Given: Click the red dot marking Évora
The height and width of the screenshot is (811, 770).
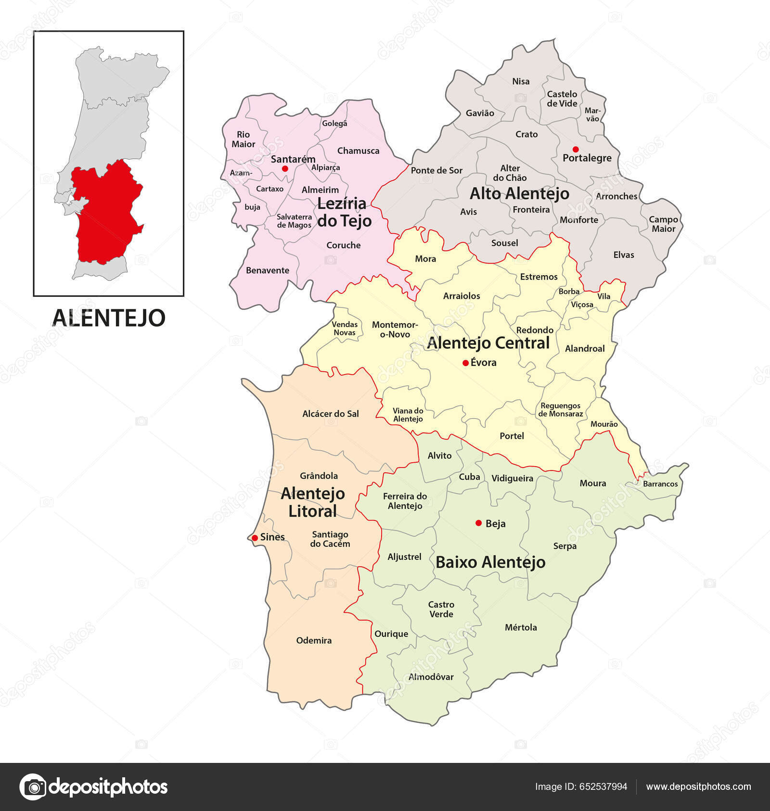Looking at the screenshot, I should pos(465,363).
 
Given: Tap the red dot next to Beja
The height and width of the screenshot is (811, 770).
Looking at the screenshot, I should pos(478,523).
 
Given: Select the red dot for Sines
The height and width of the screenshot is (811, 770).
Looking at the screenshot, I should pos(255,537).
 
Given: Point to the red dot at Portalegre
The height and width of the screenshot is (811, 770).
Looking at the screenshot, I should pos(575,149).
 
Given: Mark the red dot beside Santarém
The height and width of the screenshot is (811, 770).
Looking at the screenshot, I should pos(285,168).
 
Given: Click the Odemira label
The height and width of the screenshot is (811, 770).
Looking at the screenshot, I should pos(314,640).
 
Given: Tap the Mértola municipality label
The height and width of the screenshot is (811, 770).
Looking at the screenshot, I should pos(521,627).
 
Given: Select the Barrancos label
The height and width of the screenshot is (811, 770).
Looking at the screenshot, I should pos(660,484).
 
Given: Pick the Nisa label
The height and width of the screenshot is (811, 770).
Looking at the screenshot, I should pos(521,82).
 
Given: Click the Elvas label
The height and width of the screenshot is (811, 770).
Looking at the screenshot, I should pos(624,255).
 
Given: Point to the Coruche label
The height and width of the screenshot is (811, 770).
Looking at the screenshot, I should pos(343,245).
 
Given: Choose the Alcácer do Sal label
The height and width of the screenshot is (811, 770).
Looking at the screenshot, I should pos(331,414).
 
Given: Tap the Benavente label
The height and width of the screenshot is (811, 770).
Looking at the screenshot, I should pos(268,270).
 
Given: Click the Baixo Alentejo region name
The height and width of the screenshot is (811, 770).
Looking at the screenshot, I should pos(490,562).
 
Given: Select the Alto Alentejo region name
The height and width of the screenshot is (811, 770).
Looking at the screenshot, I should pos(519,193).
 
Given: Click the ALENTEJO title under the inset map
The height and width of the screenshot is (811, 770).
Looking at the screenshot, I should pos(109,317).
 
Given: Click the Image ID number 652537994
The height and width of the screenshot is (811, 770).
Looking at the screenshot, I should pos(603,786).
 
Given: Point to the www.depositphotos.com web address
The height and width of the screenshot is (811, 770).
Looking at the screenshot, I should pos(698,786).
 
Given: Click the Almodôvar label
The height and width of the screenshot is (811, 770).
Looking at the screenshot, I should pos(431,677).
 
